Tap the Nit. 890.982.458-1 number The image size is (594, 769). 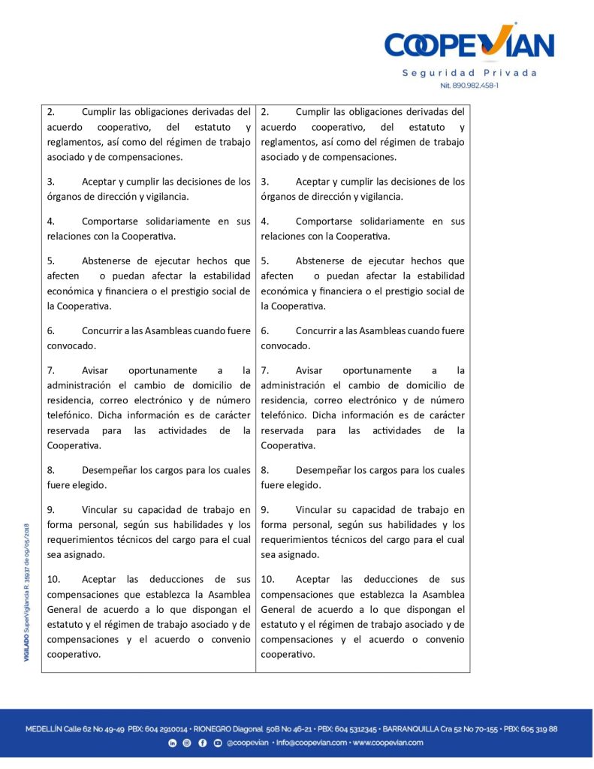(x=469, y=86)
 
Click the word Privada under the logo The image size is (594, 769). (x=510, y=73)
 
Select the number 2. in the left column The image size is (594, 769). (x=51, y=112)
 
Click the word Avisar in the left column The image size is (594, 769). (x=95, y=370)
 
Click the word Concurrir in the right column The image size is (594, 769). (x=317, y=330)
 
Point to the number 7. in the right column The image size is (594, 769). (x=265, y=370)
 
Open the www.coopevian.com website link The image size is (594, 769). (x=387, y=743)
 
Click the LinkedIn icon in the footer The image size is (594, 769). (x=173, y=743)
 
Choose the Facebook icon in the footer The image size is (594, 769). (x=203, y=743)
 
